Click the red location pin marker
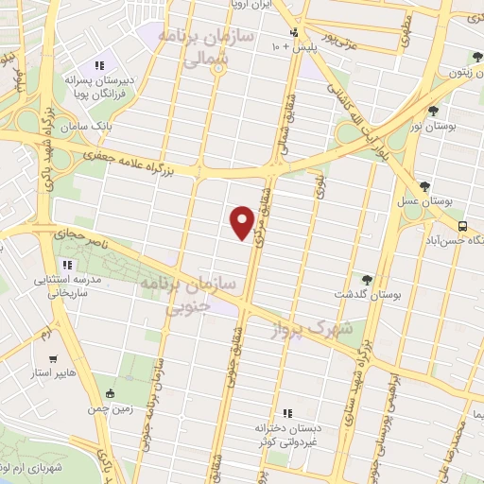[243, 222]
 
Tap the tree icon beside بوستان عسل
[420, 186]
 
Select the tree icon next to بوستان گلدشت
[367, 279]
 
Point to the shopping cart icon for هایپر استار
[54, 359]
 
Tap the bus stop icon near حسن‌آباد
[462, 226]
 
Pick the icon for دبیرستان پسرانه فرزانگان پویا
[98, 65]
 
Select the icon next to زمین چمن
[112, 393]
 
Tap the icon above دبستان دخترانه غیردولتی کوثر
[287, 412]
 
